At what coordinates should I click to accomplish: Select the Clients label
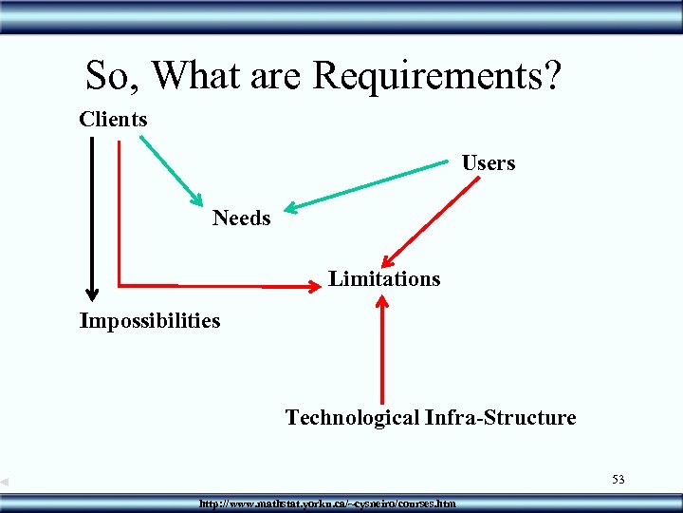click(x=113, y=120)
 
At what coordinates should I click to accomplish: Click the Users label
click(x=489, y=163)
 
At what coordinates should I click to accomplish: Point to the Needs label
click(x=241, y=218)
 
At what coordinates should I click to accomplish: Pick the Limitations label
click(x=384, y=279)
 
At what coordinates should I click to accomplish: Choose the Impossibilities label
click(x=150, y=321)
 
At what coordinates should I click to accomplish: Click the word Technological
click(x=352, y=418)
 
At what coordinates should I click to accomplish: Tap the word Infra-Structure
click(x=500, y=418)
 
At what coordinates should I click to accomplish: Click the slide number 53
click(x=618, y=479)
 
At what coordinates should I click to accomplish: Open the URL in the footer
click(x=327, y=503)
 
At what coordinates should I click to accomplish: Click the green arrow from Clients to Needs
click(x=172, y=171)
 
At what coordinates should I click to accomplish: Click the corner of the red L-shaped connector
click(x=120, y=284)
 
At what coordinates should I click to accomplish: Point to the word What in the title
click(x=196, y=75)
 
